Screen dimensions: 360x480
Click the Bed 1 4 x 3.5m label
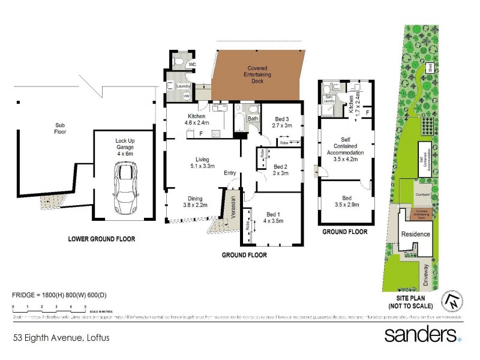point(272,218)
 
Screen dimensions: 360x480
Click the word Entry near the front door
point(230,173)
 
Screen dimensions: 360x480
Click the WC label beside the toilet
point(192,64)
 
